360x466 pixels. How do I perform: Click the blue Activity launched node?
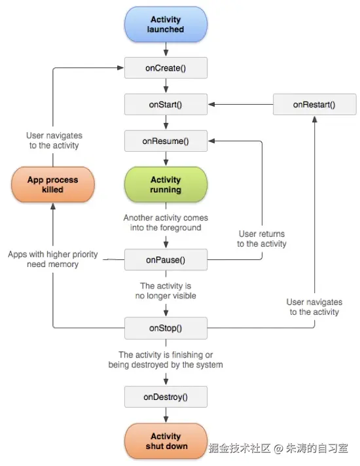point(166,24)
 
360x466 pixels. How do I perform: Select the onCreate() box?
point(166,68)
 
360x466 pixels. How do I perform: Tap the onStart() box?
point(166,104)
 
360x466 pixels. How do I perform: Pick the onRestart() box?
point(314,104)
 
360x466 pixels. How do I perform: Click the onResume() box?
point(166,141)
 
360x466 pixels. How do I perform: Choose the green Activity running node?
point(166,185)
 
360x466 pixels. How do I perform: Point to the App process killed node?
point(53,185)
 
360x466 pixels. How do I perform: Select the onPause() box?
point(166,260)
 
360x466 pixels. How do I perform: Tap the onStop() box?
point(166,328)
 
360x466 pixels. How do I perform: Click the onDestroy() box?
point(166,397)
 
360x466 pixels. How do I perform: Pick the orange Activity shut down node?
point(166,441)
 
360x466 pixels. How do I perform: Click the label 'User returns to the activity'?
point(262,239)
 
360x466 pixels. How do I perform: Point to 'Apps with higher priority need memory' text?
point(53,259)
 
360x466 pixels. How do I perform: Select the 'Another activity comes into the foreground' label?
point(166,223)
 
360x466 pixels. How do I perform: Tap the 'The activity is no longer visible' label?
point(166,291)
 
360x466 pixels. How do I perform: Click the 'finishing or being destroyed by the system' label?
point(166,359)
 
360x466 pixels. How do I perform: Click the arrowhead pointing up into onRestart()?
point(315,119)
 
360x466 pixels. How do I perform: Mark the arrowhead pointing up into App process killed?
point(53,206)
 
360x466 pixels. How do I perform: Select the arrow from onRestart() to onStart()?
point(240,104)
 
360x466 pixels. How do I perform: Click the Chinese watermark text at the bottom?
point(278,448)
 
